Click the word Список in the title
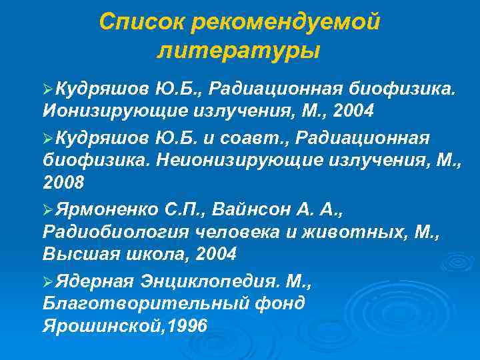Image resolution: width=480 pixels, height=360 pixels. point(141,22)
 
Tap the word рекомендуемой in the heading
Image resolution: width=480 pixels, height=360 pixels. point(285,22)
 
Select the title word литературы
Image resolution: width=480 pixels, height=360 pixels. point(239,50)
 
